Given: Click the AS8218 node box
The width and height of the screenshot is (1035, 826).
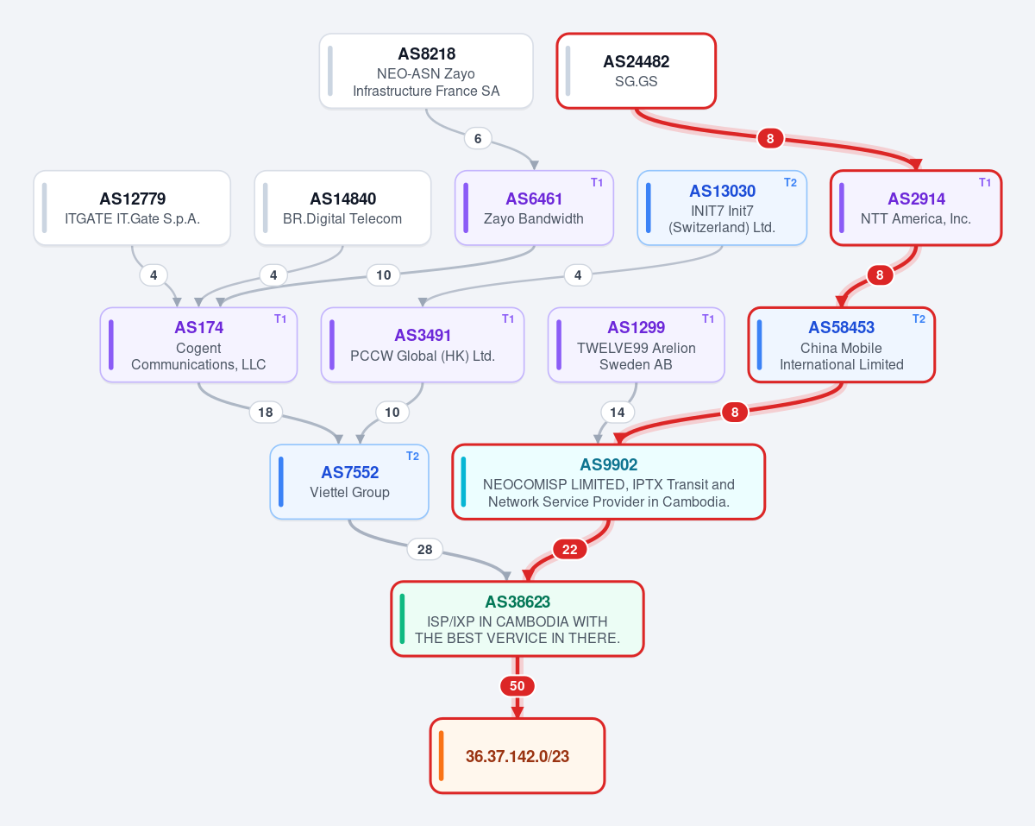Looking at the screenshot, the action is tap(426, 72).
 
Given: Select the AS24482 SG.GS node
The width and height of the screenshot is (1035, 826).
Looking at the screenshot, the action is tap(636, 72).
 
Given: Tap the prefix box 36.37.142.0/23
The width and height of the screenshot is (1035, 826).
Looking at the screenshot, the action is tap(517, 756).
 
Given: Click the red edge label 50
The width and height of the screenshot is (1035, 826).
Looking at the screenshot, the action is tap(517, 686).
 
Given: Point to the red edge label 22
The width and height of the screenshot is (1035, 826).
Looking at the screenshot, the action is tap(569, 549).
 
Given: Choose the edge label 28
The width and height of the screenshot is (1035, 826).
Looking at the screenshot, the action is tap(424, 549).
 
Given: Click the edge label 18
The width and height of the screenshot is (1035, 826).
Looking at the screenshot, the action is tap(266, 412).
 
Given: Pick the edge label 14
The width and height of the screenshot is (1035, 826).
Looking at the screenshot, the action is tap(617, 412).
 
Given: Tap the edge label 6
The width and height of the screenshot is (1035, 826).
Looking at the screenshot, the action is tap(478, 139).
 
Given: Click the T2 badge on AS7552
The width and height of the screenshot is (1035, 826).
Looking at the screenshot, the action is tap(412, 456).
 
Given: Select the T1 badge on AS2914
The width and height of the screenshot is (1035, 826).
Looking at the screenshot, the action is tap(985, 182).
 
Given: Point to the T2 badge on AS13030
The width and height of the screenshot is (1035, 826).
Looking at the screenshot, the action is tap(790, 182).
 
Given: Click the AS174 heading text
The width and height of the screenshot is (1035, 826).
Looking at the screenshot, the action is tap(198, 327).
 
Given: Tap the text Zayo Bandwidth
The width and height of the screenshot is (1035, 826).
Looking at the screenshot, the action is tap(533, 218).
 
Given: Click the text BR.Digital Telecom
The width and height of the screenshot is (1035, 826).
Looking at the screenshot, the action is tap(342, 218).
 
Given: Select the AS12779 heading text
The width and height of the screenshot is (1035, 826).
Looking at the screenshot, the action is tap(132, 199).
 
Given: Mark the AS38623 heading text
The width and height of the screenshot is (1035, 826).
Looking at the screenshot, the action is tap(517, 602).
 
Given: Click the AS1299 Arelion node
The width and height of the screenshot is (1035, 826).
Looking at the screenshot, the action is tap(636, 344).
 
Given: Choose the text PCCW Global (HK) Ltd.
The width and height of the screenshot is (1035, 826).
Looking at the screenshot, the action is tap(423, 356).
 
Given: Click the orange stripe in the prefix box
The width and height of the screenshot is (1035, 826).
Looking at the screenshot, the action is tap(441, 756).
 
